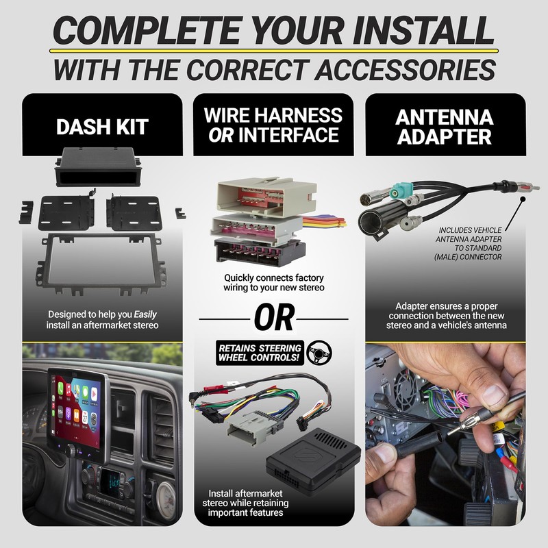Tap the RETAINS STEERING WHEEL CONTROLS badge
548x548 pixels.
258,351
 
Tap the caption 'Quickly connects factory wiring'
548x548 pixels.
274,283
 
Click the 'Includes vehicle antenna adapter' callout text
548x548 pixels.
469,243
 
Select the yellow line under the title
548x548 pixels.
274,51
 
